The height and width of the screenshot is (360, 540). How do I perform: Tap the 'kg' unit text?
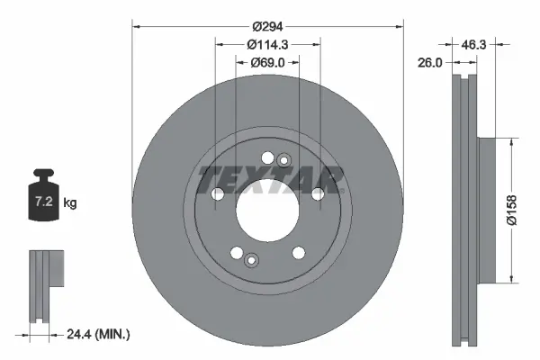pos(70,203)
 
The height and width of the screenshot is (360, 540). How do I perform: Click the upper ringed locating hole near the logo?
pos(284,161)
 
